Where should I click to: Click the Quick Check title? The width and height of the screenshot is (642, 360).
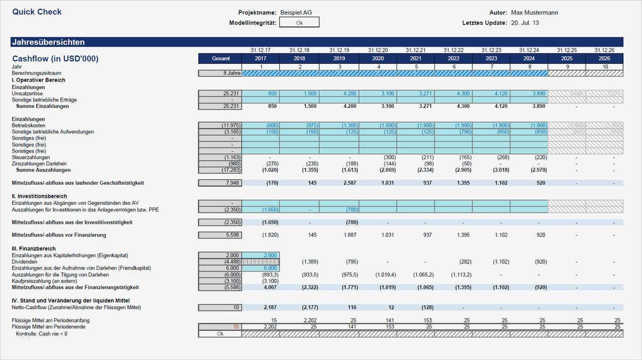click(x=37, y=12)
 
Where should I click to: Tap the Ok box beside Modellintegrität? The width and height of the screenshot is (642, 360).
click(x=299, y=23)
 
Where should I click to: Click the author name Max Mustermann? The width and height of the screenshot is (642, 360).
click(x=534, y=13)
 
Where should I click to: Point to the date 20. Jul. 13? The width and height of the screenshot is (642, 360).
click(x=525, y=23)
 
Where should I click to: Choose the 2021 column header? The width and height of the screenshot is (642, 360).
click(x=416, y=59)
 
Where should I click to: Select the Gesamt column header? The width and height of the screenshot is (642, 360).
click(x=220, y=59)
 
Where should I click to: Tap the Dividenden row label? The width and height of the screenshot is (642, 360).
click(x=24, y=262)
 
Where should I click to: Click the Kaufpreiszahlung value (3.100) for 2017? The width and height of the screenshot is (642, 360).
click(x=270, y=281)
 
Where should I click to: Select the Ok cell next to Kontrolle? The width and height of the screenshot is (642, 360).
click(x=220, y=334)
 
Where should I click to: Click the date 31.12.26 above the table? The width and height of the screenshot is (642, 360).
click(x=604, y=50)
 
